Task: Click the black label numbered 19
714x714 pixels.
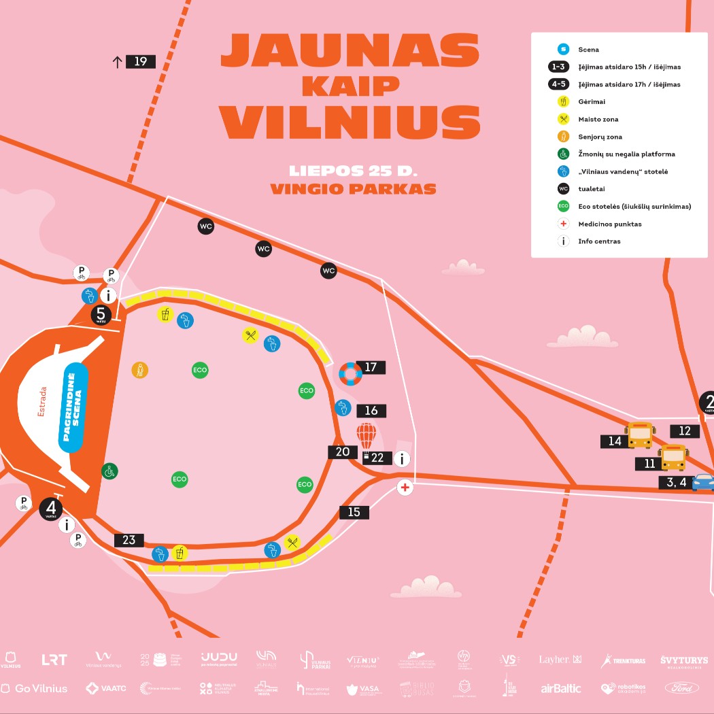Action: point(140,62)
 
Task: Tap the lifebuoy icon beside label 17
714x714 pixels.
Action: point(351,373)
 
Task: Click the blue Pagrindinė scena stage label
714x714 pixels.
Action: point(75,407)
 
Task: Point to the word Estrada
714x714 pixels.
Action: point(42,401)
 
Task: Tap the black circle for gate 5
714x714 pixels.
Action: point(101,314)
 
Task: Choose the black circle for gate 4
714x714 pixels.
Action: point(51,508)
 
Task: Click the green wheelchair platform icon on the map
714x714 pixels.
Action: point(109,471)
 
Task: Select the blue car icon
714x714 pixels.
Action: point(703,482)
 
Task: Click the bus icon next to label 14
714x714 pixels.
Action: point(639,435)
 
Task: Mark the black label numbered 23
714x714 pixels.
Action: point(129,540)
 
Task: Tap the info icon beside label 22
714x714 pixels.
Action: point(403,459)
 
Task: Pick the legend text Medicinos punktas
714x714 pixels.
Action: point(610,224)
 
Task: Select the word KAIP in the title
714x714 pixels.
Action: point(350,86)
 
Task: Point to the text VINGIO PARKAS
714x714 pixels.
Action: point(353,189)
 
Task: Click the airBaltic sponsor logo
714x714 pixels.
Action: point(561,688)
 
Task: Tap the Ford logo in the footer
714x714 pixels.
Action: point(683,688)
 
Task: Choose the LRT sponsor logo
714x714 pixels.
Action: point(54,659)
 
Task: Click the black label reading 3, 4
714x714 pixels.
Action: point(674,483)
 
